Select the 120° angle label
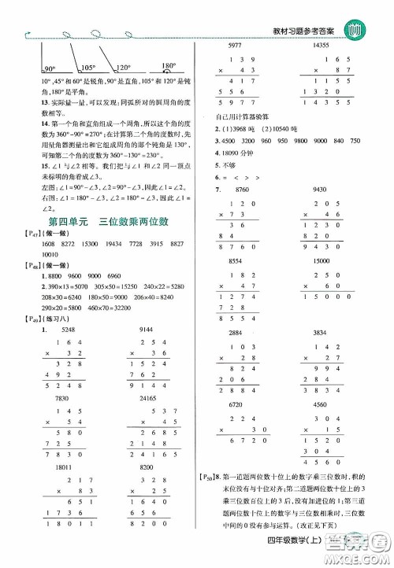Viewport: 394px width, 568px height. [120, 66]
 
